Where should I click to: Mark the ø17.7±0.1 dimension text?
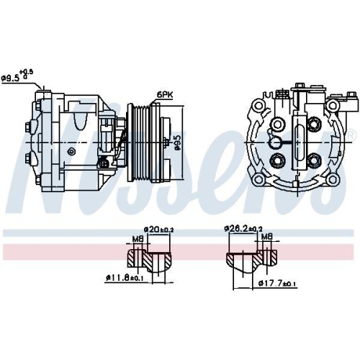pos(277,284)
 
